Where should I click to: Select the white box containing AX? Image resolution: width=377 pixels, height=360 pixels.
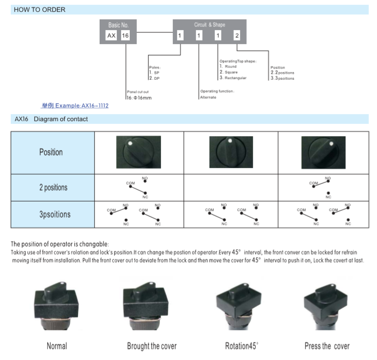tap(111, 36)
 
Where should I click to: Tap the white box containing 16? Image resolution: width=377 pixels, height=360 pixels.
tap(125, 36)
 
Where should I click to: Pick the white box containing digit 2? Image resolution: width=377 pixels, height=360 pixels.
tap(236, 36)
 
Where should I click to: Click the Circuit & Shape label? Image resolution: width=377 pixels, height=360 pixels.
tap(210, 25)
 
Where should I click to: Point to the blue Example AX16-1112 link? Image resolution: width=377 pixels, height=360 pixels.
tap(75, 106)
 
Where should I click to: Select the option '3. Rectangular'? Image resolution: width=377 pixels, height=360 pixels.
tap(233, 78)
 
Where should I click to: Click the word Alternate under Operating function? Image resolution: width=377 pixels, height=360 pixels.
tap(208, 97)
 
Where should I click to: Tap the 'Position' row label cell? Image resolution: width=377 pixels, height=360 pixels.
tap(51, 153)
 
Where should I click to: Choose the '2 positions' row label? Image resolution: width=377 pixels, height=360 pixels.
tap(53, 188)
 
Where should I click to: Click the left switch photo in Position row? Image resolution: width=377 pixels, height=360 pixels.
tap(138, 153)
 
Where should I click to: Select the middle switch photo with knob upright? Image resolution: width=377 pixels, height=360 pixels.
tap(231, 153)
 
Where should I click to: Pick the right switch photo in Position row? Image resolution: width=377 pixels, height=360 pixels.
tap(323, 153)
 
